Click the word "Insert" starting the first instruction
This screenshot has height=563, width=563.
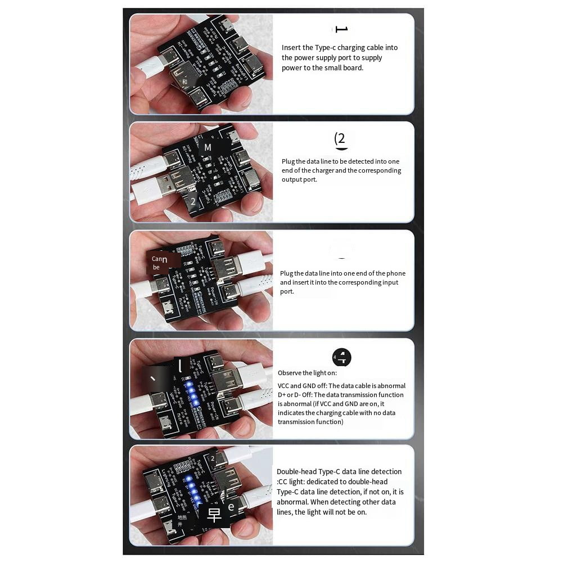290,48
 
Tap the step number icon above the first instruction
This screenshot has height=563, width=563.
341,29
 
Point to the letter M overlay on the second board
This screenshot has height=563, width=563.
208,147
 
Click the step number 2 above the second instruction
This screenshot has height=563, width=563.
340,139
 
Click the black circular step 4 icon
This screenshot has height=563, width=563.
341,357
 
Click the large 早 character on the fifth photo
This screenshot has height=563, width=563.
214,515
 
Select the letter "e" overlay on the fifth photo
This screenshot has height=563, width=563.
231,506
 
